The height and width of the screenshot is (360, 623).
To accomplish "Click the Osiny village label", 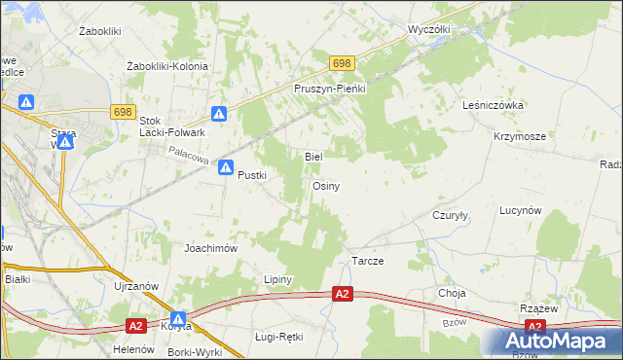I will [326, 186].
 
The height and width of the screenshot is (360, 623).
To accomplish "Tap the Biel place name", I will [313, 156].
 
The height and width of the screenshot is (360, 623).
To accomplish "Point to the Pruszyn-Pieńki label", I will [329, 88].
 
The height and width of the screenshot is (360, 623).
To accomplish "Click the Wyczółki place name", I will [429, 29].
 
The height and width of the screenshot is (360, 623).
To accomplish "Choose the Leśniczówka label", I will [495, 105].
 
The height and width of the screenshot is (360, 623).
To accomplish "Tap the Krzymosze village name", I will [519, 137].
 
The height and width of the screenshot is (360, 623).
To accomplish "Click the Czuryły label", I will [451, 217].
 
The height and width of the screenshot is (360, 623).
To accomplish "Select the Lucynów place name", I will [520, 210].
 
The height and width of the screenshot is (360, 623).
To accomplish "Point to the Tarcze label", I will [368, 262].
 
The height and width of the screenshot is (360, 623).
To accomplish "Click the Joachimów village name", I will [211, 248].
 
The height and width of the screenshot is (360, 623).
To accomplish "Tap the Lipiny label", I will [278, 279].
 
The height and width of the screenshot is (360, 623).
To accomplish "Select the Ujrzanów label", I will [134, 286].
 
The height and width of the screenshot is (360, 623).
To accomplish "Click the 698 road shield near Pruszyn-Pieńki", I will [341, 63].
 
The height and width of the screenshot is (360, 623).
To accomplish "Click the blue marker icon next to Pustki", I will [226, 167].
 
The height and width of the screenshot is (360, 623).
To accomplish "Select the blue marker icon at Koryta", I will [178, 318].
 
